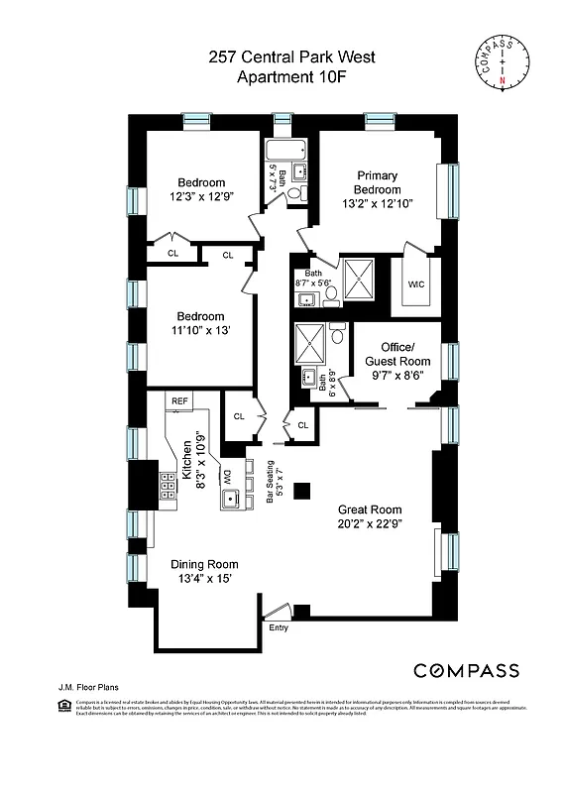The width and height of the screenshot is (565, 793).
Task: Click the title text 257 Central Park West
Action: coord(282,58)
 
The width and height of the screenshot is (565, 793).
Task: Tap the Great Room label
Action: coord(368,510)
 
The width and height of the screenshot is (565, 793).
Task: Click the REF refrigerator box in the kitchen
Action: coord(179,400)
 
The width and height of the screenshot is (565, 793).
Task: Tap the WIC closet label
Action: coord(416,283)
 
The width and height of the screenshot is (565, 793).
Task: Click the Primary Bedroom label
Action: coord(379,182)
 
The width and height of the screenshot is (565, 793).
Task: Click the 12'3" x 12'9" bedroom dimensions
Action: coord(201,196)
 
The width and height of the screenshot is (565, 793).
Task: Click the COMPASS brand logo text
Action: coord(466,671)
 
